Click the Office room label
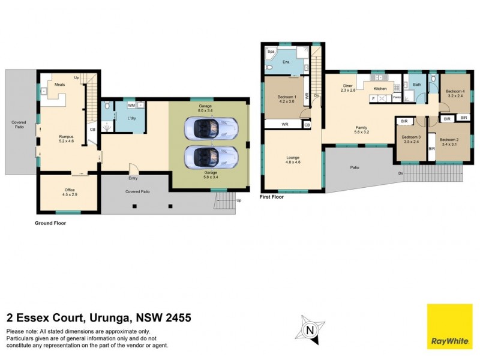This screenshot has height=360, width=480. [x=70, y=190]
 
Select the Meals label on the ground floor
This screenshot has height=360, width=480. [x=59, y=85]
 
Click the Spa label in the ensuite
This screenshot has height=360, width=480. [x=271, y=52]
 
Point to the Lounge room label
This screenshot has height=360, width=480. [x=293, y=157]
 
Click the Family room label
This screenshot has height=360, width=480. [x=361, y=127]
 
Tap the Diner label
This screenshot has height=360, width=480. [x=347, y=85]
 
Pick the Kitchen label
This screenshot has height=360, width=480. [x=380, y=89]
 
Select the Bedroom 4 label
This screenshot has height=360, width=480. [x=454, y=92]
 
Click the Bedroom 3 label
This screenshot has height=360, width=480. [x=410, y=137]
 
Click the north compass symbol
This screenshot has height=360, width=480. [x=310, y=329]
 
